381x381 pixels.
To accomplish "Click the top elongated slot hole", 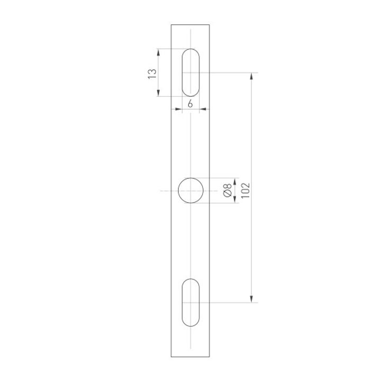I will coord(190,72).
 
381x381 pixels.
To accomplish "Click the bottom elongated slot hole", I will coord(190,302).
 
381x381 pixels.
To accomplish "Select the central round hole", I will coord(190,190).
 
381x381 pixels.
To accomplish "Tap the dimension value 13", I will coord(152,73).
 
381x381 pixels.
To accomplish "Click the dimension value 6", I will coord(190,104).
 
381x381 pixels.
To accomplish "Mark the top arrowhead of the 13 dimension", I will coord(159,52).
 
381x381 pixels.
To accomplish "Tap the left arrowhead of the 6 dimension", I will coord(179,110).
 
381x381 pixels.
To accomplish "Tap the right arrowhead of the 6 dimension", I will coord(202,110).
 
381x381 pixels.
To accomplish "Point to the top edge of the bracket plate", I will coord(190,24).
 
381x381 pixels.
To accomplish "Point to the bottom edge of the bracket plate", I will coord(190,357).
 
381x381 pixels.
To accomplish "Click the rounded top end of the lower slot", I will coord(190,281).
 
